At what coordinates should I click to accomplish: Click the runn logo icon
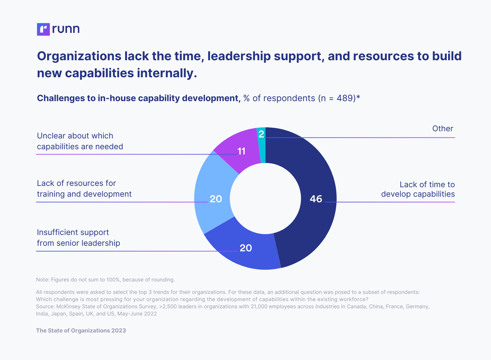click(x=43, y=29)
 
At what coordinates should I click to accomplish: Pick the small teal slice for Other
click(x=262, y=144)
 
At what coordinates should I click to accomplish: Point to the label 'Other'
click(x=443, y=129)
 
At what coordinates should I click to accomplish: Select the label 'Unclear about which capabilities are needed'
click(x=80, y=141)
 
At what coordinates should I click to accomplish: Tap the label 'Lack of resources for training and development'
click(x=84, y=189)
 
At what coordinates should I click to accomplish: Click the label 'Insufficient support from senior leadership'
click(x=78, y=238)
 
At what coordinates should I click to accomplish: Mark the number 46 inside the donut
click(x=316, y=199)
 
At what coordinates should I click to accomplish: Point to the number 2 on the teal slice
click(x=261, y=134)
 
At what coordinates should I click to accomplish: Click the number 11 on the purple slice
click(x=241, y=151)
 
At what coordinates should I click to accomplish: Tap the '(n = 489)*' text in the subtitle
click(x=339, y=98)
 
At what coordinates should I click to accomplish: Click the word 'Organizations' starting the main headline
click(x=79, y=56)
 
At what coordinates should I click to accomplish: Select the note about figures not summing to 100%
click(x=105, y=279)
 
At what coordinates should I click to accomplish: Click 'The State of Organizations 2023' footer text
click(x=81, y=331)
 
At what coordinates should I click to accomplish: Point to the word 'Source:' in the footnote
click(x=45, y=306)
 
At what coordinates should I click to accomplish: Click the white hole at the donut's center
click(x=265, y=198)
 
